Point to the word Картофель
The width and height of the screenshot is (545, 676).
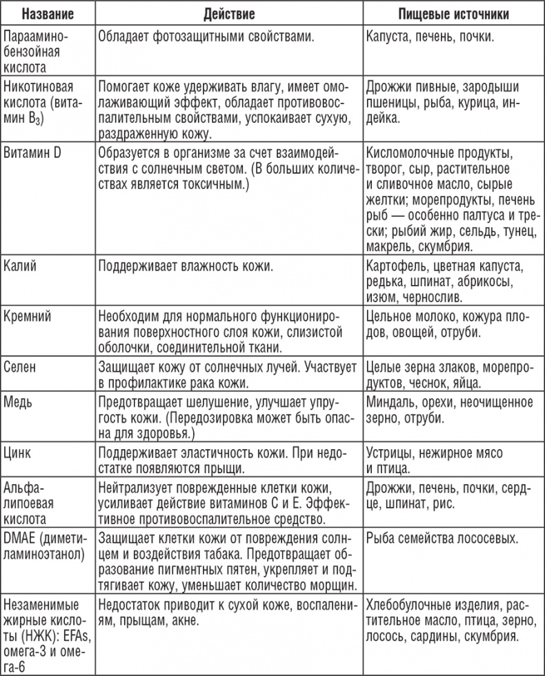click(x=397, y=266)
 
